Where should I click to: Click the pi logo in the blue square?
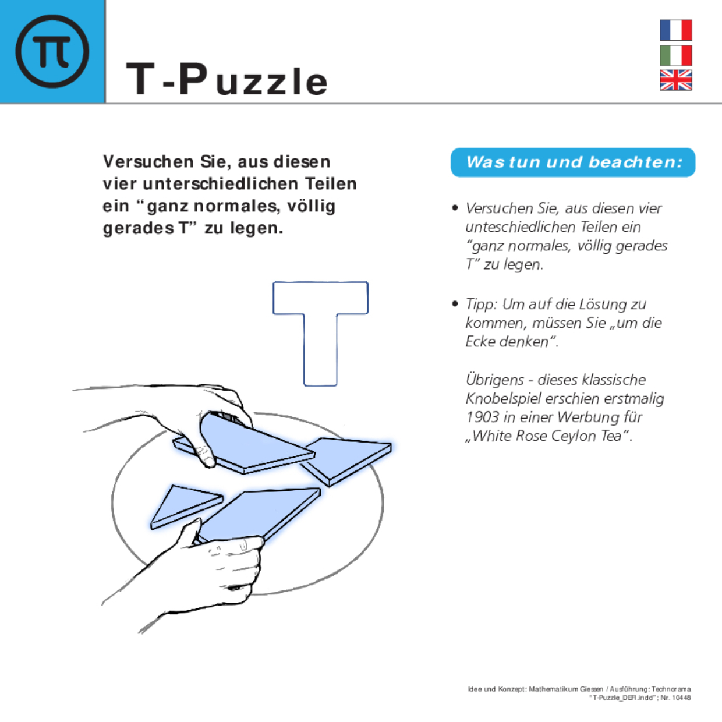point(52,51)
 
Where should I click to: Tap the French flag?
point(675,30)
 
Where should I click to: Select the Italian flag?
point(675,55)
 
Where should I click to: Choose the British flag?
point(675,80)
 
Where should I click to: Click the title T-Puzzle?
point(227,80)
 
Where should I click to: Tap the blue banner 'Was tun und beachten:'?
point(573,162)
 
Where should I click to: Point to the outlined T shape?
point(320,326)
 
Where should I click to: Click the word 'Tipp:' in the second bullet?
point(481,305)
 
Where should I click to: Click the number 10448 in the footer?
point(681,698)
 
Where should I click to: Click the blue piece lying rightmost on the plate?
point(349,458)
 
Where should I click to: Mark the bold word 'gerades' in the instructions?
point(138,228)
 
